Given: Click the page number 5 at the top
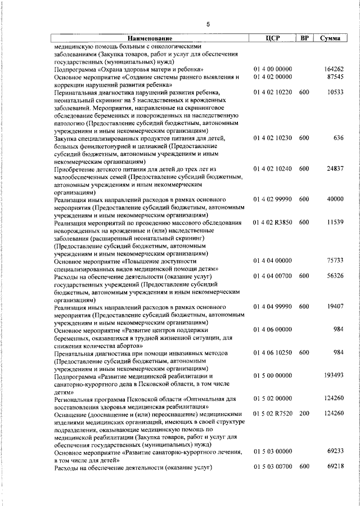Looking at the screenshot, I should pyautogui.click(x=208, y=24).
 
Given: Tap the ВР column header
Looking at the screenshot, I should pyautogui.click(x=304, y=38).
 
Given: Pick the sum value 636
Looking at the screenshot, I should pyautogui.click(x=338, y=138).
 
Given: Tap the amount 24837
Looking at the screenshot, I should pyautogui.click(x=335, y=168).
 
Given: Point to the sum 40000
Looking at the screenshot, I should pyautogui.click(x=335, y=199).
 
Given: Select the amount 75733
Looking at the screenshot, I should pyautogui.click(x=335, y=261).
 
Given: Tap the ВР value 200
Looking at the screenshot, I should pyautogui.click(x=304, y=413).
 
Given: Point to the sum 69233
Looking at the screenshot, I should pyautogui.click(x=335, y=451).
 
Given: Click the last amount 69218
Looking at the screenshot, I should pyautogui.click(x=335, y=467).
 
